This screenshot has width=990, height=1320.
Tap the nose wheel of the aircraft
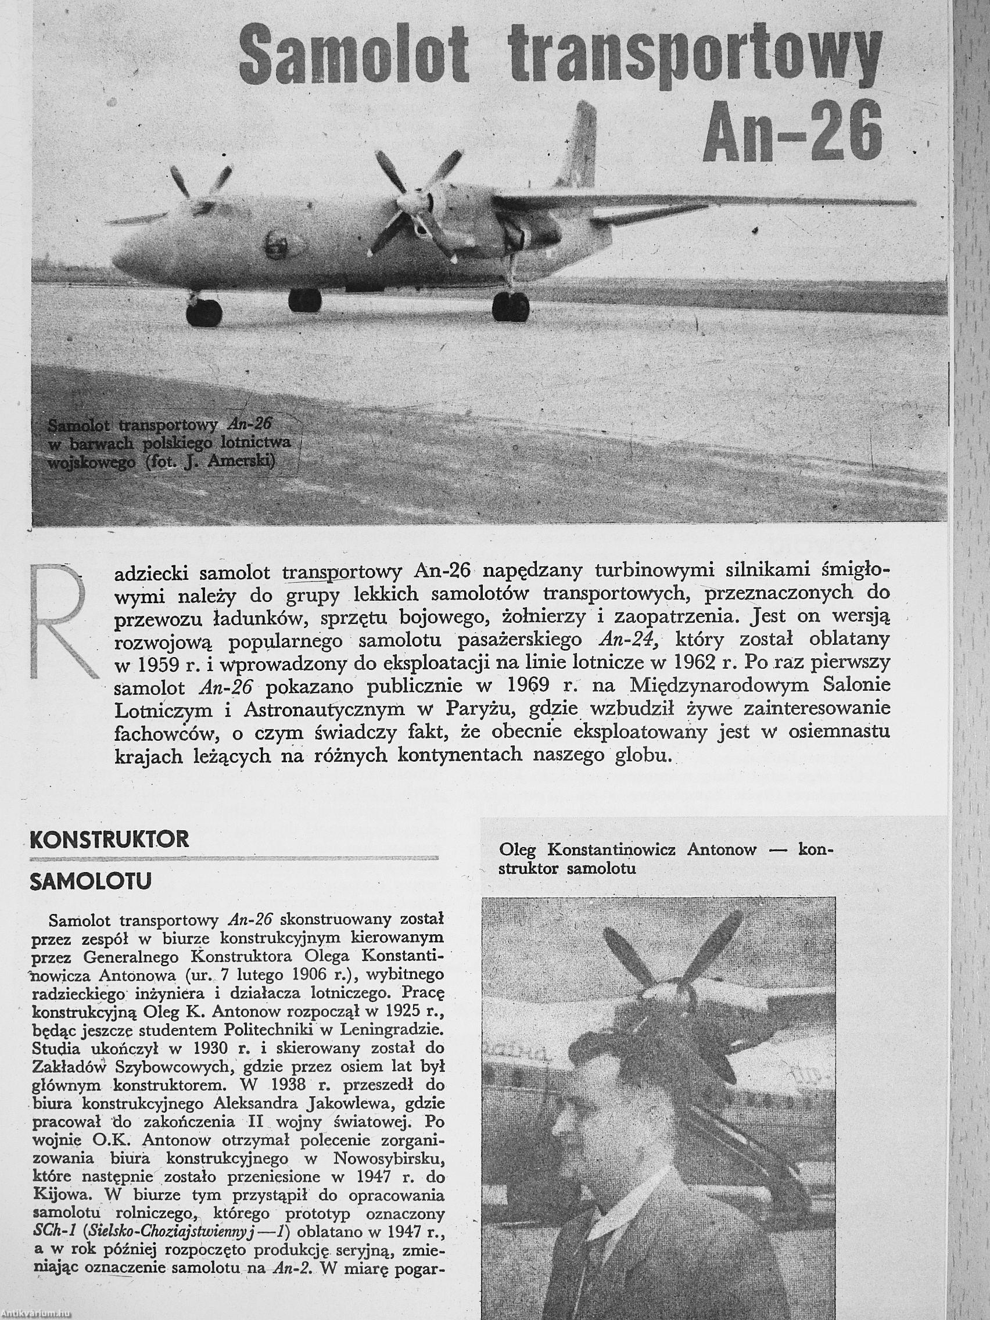(203, 312)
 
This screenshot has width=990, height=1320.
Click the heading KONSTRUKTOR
(109, 839)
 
